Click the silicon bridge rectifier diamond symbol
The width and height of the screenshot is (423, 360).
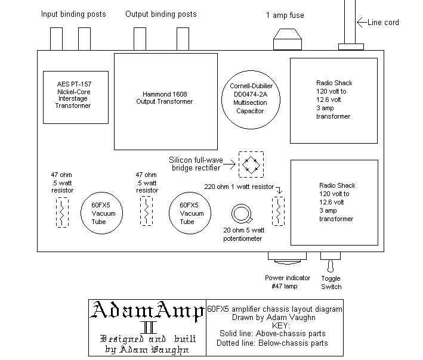(251, 165)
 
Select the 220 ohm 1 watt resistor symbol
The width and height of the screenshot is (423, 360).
(278, 211)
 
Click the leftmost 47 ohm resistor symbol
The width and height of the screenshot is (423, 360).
(62, 212)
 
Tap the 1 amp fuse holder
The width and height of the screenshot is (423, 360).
(288, 39)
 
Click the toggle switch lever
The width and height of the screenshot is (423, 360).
(331, 266)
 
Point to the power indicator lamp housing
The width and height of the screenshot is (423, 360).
(287, 258)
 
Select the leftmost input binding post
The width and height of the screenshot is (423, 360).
(56, 39)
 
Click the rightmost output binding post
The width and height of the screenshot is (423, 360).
(183, 39)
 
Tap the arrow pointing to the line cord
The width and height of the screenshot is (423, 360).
(362, 22)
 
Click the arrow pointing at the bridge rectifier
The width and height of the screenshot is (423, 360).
(230, 164)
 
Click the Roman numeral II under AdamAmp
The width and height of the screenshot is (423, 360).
(149, 327)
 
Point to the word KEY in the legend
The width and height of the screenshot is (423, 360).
(281, 325)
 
